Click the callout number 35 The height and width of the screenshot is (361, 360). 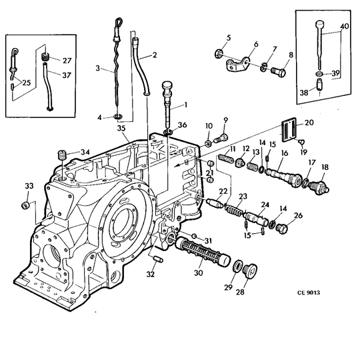pos(121,129)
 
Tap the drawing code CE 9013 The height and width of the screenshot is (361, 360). pos(309,292)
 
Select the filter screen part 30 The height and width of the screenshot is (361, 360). pos(203,252)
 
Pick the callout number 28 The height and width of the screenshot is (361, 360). pos(240,292)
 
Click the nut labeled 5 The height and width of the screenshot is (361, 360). pos(218,54)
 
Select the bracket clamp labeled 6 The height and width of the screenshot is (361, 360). pos(237,64)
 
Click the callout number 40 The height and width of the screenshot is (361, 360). pos(344,27)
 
